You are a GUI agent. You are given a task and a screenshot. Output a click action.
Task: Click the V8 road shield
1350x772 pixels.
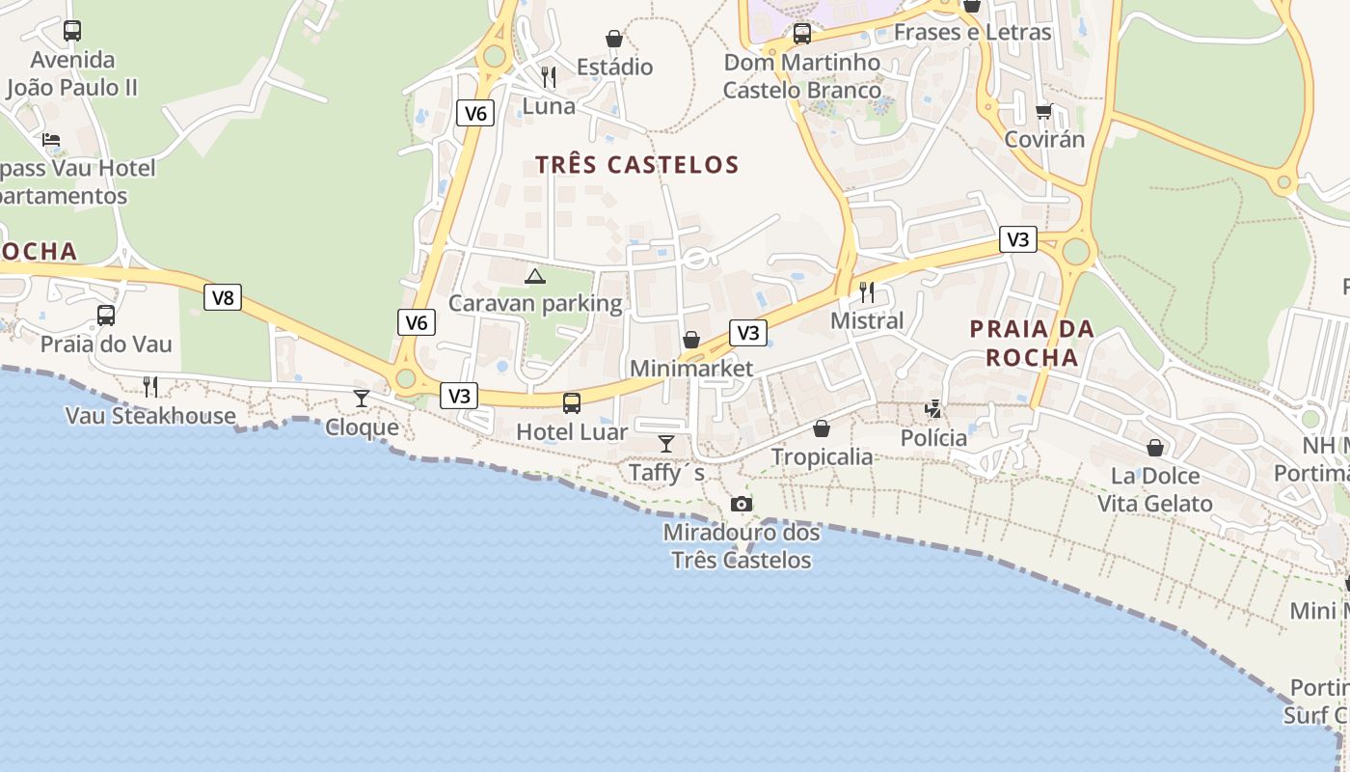(223, 297)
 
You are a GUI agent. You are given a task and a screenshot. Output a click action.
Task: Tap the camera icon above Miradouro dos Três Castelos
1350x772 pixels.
(741, 504)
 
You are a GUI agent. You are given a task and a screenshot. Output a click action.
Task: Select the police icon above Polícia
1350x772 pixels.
(932, 409)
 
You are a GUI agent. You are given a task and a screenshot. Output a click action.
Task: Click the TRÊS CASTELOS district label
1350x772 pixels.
(637, 165)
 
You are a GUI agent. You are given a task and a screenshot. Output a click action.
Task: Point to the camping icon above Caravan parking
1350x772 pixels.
(534, 277)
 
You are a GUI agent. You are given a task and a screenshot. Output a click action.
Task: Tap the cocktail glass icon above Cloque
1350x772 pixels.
(362, 398)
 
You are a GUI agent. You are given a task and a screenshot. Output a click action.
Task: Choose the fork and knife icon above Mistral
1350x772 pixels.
(867, 291)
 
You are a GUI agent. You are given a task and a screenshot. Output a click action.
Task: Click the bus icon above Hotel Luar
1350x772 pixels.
(572, 402)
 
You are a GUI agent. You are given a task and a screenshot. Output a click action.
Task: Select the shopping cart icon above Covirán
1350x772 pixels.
(1043, 112)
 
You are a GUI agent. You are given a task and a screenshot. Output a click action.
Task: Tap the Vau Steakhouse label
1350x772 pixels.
(150, 416)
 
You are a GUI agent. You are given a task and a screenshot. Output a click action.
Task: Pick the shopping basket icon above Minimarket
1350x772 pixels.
(691, 340)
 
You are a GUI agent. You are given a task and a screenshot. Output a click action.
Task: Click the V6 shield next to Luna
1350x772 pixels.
(475, 113)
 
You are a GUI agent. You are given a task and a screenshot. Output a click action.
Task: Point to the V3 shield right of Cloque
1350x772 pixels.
(460, 395)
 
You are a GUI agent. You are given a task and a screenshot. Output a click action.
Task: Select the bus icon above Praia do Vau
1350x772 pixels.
(106, 316)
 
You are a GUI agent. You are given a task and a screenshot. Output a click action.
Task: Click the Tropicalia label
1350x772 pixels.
(822, 456)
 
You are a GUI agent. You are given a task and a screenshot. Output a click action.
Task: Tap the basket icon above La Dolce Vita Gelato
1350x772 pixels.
(1154, 448)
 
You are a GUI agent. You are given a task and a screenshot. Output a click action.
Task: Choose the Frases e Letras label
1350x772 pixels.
(972, 32)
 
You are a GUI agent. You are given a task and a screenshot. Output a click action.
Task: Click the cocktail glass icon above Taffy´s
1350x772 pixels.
(666, 444)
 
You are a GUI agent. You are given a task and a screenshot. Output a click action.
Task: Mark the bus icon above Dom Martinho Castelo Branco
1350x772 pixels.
(801, 35)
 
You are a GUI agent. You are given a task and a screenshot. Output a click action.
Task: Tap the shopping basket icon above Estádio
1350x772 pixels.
(614, 39)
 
